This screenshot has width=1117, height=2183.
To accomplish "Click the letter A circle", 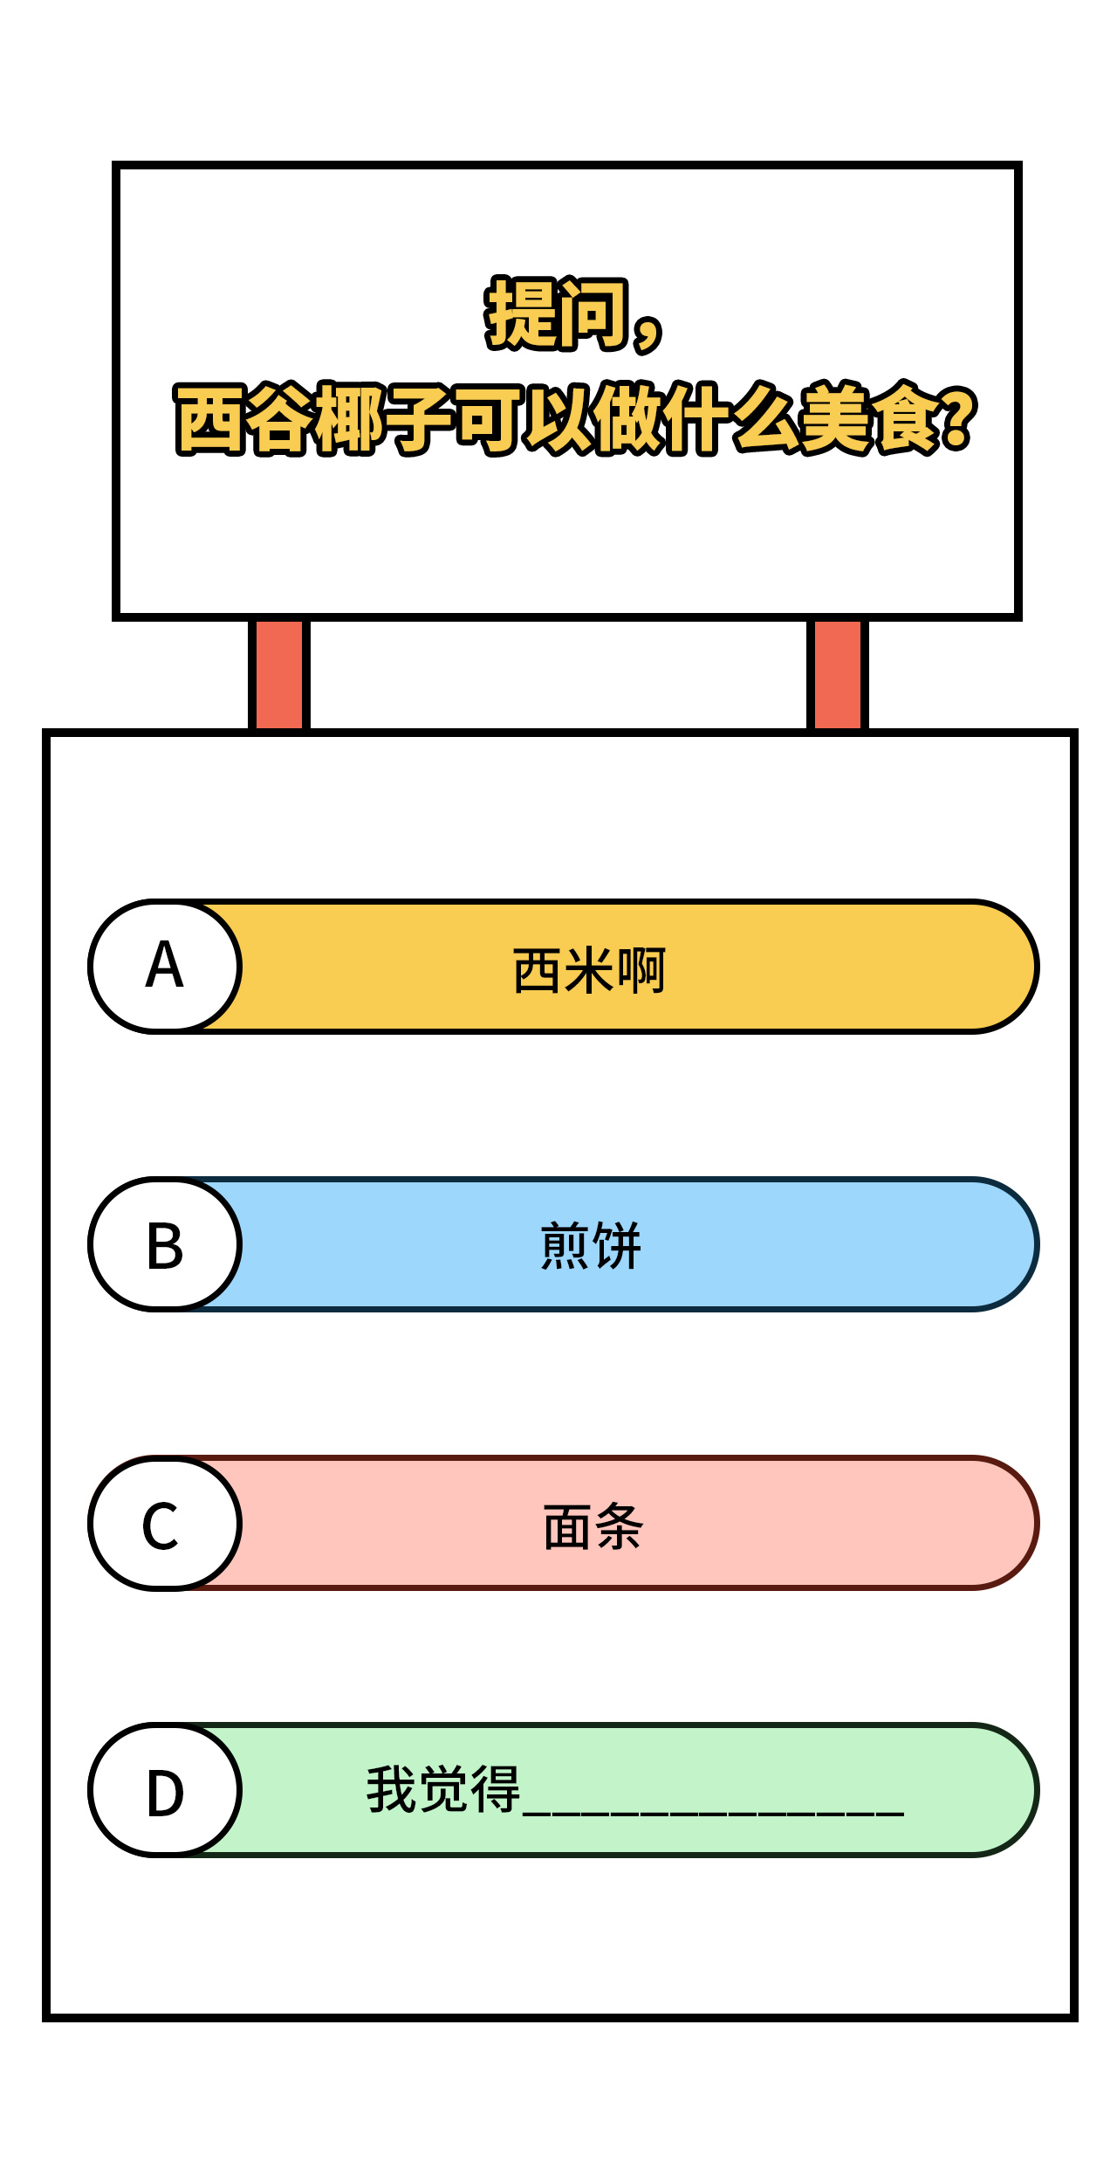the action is (x=165, y=967).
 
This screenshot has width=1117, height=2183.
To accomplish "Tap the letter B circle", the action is (x=165, y=1244).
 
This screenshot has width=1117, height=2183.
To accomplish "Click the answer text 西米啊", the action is (x=589, y=970).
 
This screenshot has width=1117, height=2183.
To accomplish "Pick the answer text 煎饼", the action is (x=591, y=1246).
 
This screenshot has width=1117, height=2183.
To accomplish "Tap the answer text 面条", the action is (x=593, y=1527).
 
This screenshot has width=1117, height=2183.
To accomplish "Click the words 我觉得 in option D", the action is (x=443, y=1789).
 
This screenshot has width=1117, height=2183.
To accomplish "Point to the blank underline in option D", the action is (x=714, y=1814).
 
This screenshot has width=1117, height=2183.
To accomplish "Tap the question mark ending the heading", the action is (x=957, y=417).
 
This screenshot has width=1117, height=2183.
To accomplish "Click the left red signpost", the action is (x=279, y=674).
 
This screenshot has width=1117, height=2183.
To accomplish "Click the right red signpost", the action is (x=838, y=674).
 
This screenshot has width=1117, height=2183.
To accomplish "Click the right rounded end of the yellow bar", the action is (x=1004, y=967).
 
